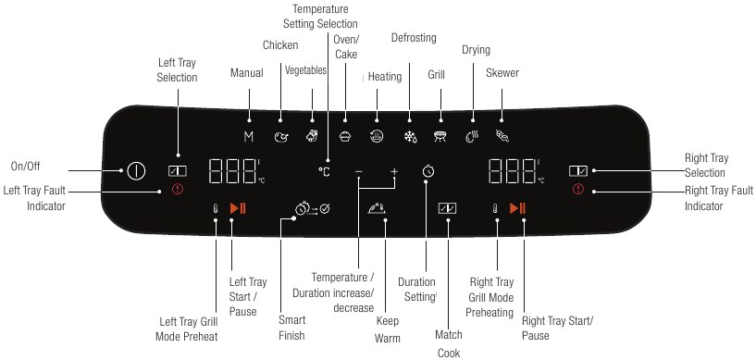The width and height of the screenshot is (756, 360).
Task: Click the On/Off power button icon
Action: [x=136, y=171]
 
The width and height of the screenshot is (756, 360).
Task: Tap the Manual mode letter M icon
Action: [x=248, y=136]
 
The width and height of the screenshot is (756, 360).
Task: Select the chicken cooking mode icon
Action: [x=281, y=137]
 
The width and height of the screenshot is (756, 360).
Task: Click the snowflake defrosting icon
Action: [x=410, y=137]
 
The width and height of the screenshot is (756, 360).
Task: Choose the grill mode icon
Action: [x=440, y=137]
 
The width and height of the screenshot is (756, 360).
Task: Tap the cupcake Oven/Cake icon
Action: [x=346, y=137]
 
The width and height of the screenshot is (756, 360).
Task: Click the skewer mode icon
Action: [x=502, y=137]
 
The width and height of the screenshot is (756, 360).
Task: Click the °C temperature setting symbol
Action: [x=324, y=171]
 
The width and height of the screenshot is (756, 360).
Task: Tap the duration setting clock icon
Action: [x=427, y=171]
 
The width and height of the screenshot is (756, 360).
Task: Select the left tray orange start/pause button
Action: [x=238, y=208]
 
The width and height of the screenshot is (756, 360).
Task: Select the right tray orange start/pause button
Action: [x=518, y=208]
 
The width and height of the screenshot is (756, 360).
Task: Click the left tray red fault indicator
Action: [x=177, y=190]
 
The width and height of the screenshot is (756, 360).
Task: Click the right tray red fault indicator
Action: [x=578, y=190]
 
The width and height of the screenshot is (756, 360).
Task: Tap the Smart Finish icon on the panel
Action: [x=306, y=209]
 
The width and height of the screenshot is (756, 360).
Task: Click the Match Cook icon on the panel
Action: [x=448, y=208]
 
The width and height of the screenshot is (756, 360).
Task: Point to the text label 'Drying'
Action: [x=476, y=50]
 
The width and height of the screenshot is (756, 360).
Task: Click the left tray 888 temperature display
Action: [x=232, y=171]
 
